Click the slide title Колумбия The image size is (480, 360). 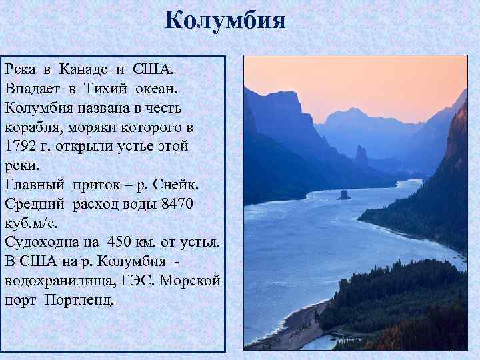[x=225, y=20]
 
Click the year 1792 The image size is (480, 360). [x=21, y=146]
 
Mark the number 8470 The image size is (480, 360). [x=177, y=203]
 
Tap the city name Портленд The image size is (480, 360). [x=79, y=299]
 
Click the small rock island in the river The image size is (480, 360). [x=344, y=195]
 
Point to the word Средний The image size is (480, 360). [x=31, y=203]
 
